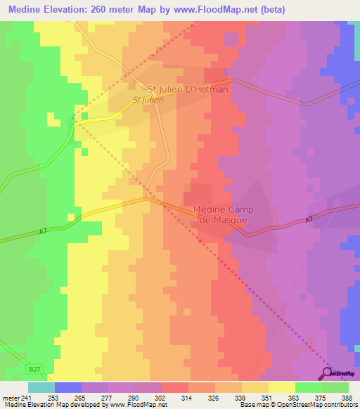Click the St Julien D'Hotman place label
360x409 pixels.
(x=188, y=90)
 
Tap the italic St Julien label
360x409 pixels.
(x=148, y=100)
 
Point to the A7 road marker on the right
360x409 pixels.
(x=308, y=221)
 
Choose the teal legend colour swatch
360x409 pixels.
(x=41, y=387)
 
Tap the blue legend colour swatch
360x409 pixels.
(x=68, y=387)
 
